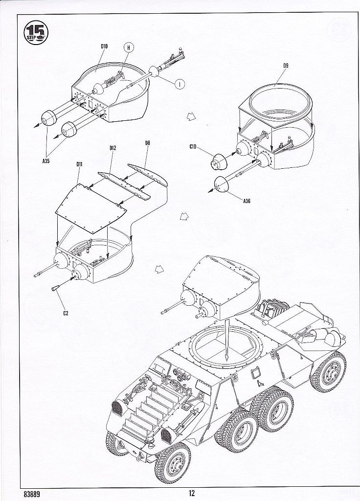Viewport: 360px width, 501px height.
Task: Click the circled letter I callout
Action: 180,83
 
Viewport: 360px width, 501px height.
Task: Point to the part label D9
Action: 286,65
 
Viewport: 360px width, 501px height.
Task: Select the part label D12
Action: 112,148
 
